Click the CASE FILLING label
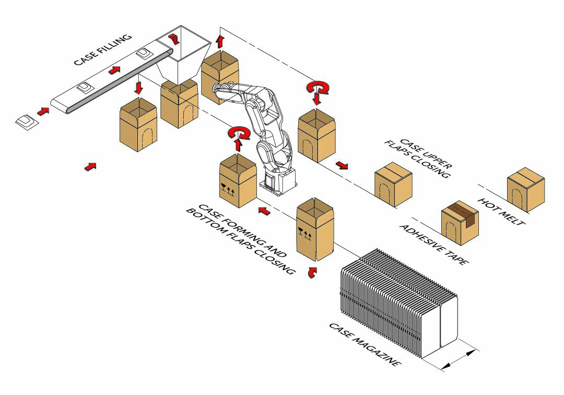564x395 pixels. tap(103, 50)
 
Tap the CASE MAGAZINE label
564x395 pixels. tap(365, 344)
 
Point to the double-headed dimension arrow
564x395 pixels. tap(460, 360)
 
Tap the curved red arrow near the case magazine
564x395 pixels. tap(312, 272)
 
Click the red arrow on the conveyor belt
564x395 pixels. tap(114, 70)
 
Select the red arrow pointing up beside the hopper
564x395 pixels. tap(219, 41)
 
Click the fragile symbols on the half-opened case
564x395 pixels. tap(305, 232)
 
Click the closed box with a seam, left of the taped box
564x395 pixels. tap(393, 184)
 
